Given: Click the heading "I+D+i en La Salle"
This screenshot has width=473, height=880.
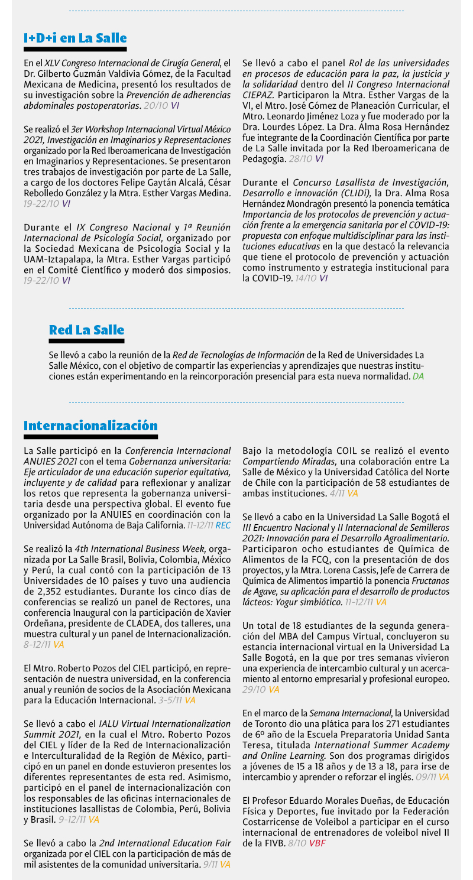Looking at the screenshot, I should pyautogui.click(x=75, y=38).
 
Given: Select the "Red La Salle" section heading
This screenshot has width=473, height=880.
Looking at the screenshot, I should pyautogui.click(x=86, y=329).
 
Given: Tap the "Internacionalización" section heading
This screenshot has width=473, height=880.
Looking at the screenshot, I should pyautogui.click(x=90, y=426).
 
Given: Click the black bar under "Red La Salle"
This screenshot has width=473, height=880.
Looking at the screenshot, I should pyautogui.click(x=86, y=341).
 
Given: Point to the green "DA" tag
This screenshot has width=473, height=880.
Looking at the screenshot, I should pyautogui.click(x=418, y=376).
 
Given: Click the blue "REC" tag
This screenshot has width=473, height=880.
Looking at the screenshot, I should pyautogui.click(x=223, y=525).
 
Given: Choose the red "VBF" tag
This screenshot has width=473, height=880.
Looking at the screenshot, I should pyautogui.click(x=317, y=843).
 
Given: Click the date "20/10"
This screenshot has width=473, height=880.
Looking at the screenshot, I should pyautogui.click(x=156, y=105).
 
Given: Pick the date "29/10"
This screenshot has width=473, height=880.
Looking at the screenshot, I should pyautogui.click(x=254, y=689).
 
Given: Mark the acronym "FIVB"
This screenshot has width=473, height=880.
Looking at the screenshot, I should pyautogui.click(x=274, y=843).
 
